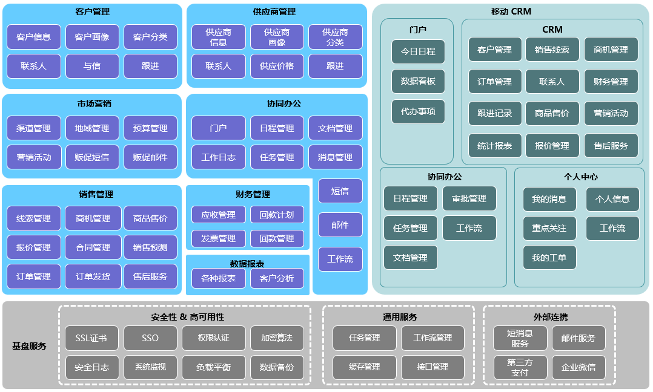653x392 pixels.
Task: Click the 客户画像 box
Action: pyautogui.click(x=92, y=37)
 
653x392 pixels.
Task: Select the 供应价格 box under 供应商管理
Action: pyautogui.click(x=277, y=66)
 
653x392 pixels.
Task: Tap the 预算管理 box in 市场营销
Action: pyautogui.click(x=150, y=128)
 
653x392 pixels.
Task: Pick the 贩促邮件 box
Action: pyautogui.click(x=150, y=157)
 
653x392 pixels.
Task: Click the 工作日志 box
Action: pyautogui.click(x=218, y=157)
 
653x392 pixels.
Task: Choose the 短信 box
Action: pyautogui.click(x=340, y=191)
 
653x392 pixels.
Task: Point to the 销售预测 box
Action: pyautogui.click(x=150, y=247)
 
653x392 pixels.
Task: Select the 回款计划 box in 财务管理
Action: pyautogui.click(x=277, y=215)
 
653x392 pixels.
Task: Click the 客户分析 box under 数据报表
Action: pyautogui.click(x=277, y=278)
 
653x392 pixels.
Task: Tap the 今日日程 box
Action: pyautogui.click(x=418, y=51)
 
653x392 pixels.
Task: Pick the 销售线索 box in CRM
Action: pyautogui.click(x=552, y=50)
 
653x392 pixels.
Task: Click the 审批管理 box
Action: pyautogui.click(x=469, y=198)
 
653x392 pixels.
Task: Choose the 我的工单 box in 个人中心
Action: pyautogui.click(x=549, y=258)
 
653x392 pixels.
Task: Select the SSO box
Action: pyautogui.click(x=150, y=338)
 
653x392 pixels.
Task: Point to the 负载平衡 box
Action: pyautogui.click(x=213, y=367)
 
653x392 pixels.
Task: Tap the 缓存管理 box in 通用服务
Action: pyautogui.click(x=365, y=367)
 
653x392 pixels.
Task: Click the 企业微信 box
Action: pyautogui.click(x=578, y=367)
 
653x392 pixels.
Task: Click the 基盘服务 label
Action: pyautogui.click(x=29, y=346)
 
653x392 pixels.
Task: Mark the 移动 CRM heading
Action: pyautogui.click(x=511, y=11)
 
